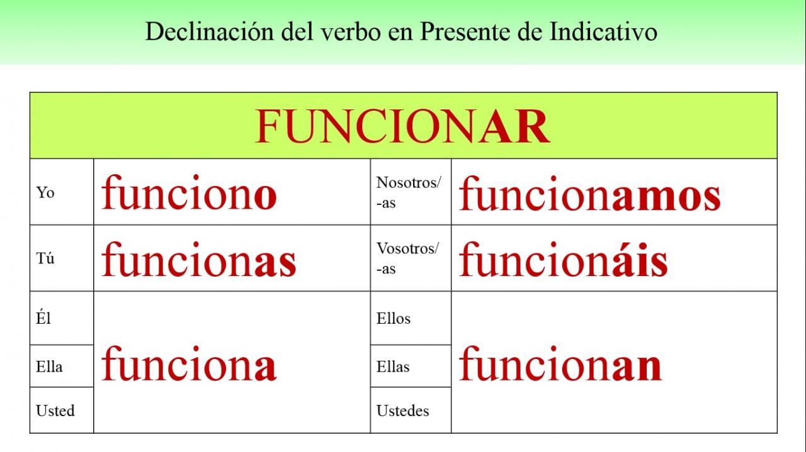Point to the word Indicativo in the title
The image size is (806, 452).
603,31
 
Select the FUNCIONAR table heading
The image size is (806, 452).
402,126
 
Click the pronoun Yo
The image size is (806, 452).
45,193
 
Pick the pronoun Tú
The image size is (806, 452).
45,258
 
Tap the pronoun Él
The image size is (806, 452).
43,317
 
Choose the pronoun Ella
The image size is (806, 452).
49,367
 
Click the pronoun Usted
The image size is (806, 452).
55,411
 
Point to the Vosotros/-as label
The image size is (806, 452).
408,258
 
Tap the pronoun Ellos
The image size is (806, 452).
394,318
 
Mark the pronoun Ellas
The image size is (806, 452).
394,367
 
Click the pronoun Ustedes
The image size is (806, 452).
403,411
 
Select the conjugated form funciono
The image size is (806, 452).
190,192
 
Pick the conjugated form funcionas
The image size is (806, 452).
199,259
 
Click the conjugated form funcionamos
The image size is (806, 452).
590,193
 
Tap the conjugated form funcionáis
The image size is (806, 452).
564,259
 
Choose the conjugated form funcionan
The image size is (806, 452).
560,363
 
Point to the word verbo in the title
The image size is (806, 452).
351,31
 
